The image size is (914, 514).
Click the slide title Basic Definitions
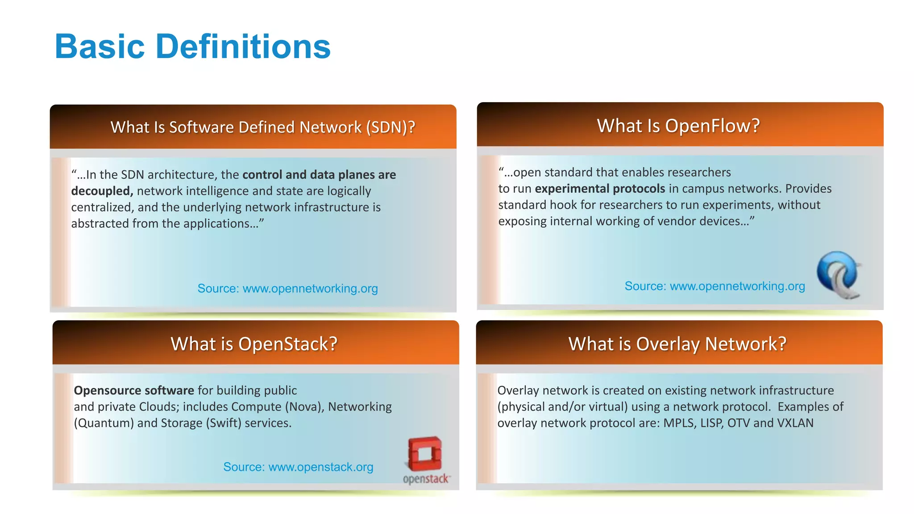tap(192, 46)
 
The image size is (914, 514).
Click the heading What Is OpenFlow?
tap(678, 126)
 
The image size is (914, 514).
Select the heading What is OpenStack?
tap(254, 344)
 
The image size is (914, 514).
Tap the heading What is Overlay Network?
tap(677, 344)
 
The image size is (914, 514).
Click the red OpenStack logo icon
tap(424, 454)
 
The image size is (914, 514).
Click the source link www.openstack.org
tap(320, 467)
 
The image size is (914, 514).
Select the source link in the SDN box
tap(310, 288)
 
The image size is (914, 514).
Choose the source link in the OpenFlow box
tap(737, 286)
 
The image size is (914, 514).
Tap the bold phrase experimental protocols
tap(600, 189)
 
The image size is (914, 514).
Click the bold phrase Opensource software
tap(134, 390)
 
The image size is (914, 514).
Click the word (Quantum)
tap(104, 423)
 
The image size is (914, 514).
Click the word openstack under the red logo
tap(426, 479)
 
